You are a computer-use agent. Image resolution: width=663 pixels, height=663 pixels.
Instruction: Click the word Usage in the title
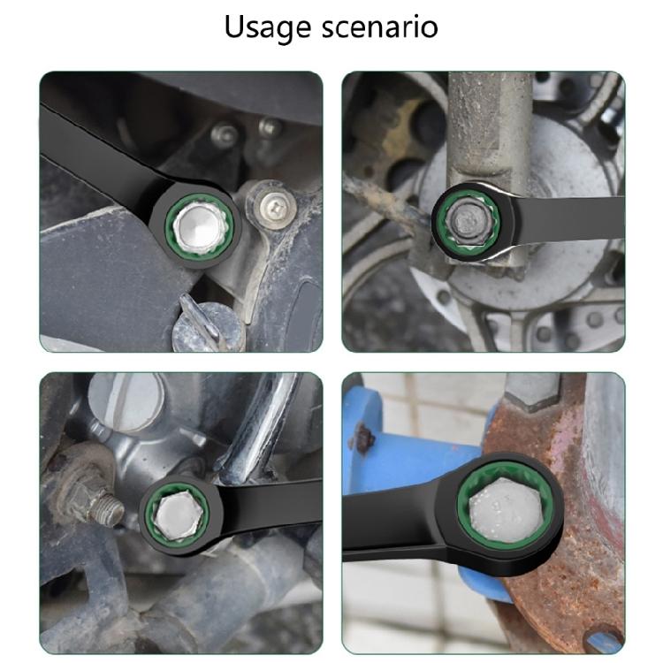[262, 27]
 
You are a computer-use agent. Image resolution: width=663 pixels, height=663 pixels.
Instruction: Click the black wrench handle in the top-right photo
[566, 212]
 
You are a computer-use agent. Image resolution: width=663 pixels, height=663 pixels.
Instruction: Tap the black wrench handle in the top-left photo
[97, 141]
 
